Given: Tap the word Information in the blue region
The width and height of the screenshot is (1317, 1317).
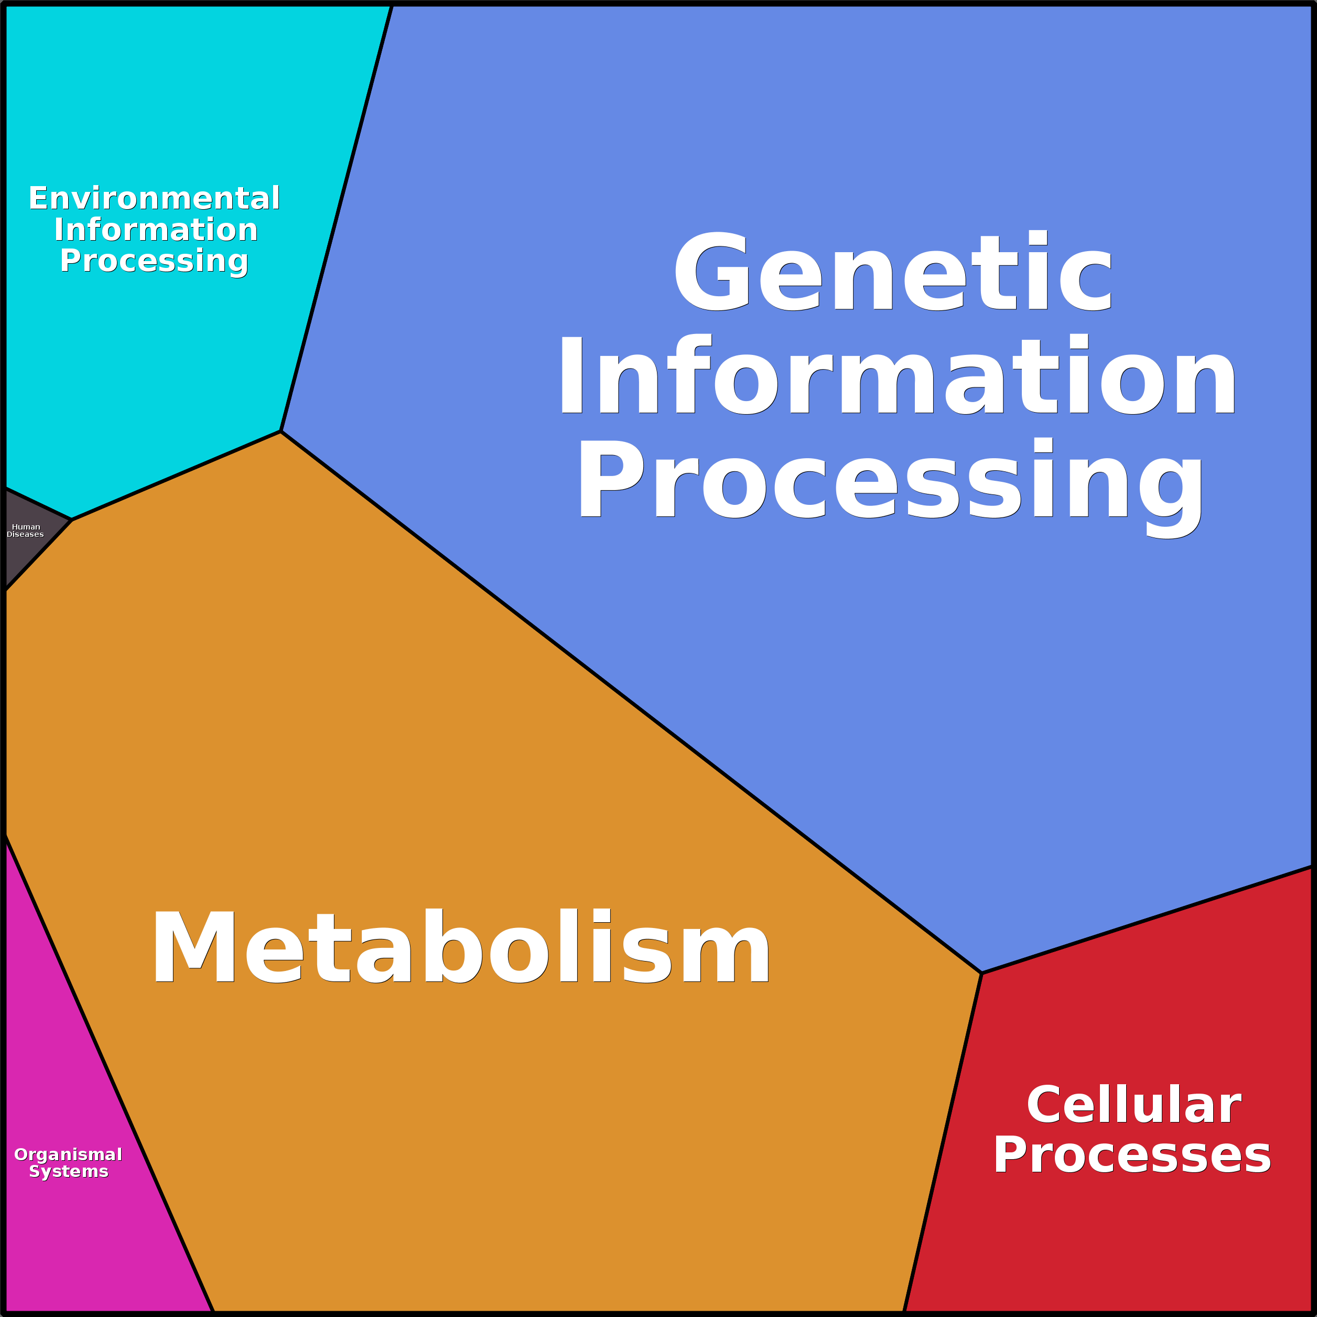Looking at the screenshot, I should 897,375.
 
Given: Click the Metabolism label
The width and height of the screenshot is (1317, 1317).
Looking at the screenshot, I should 461,947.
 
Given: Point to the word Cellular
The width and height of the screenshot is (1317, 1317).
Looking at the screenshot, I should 1134,1105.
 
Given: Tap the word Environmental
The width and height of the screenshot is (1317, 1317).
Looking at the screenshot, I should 154,198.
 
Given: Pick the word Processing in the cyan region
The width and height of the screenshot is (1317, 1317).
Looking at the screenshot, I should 154,261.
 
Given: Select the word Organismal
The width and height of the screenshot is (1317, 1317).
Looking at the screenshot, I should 68,1154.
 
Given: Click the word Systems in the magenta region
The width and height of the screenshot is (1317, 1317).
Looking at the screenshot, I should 68,1171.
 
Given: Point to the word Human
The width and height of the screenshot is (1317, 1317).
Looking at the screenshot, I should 26,527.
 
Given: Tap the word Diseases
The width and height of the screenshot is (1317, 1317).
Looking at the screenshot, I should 25,534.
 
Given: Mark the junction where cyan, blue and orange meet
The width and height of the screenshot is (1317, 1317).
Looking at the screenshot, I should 281,431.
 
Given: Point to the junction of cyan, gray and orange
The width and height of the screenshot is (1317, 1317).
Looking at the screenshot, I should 72,520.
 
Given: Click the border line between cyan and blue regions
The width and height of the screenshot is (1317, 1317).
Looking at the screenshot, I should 337,218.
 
